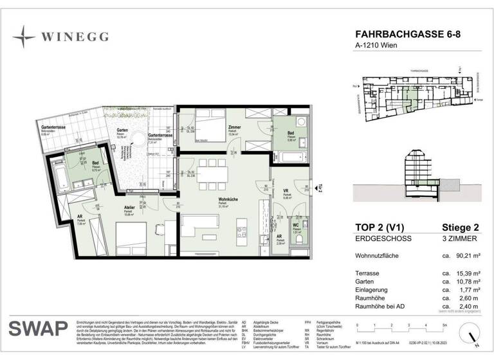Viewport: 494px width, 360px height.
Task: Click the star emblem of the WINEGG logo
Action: coord(24,37)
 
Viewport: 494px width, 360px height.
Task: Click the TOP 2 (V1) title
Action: coord(383,226)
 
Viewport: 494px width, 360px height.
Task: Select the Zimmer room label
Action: coord(233,129)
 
